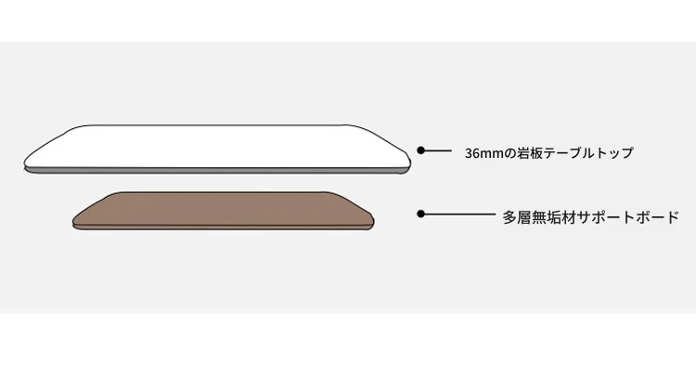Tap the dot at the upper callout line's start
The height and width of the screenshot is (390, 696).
pos(420,149)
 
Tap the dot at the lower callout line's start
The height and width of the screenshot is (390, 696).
pos(420,214)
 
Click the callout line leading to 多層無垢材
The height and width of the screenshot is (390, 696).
pos(459,214)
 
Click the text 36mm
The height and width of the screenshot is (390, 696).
pos(482,153)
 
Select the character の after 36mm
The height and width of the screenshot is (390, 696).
pos(507,153)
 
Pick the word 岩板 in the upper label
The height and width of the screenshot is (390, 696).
pos(526,153)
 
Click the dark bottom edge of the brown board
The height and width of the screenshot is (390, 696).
pos(223,227)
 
